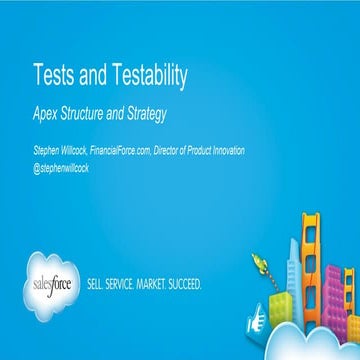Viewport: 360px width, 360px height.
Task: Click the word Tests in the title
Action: pyautogui.click(x=55, y=77)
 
